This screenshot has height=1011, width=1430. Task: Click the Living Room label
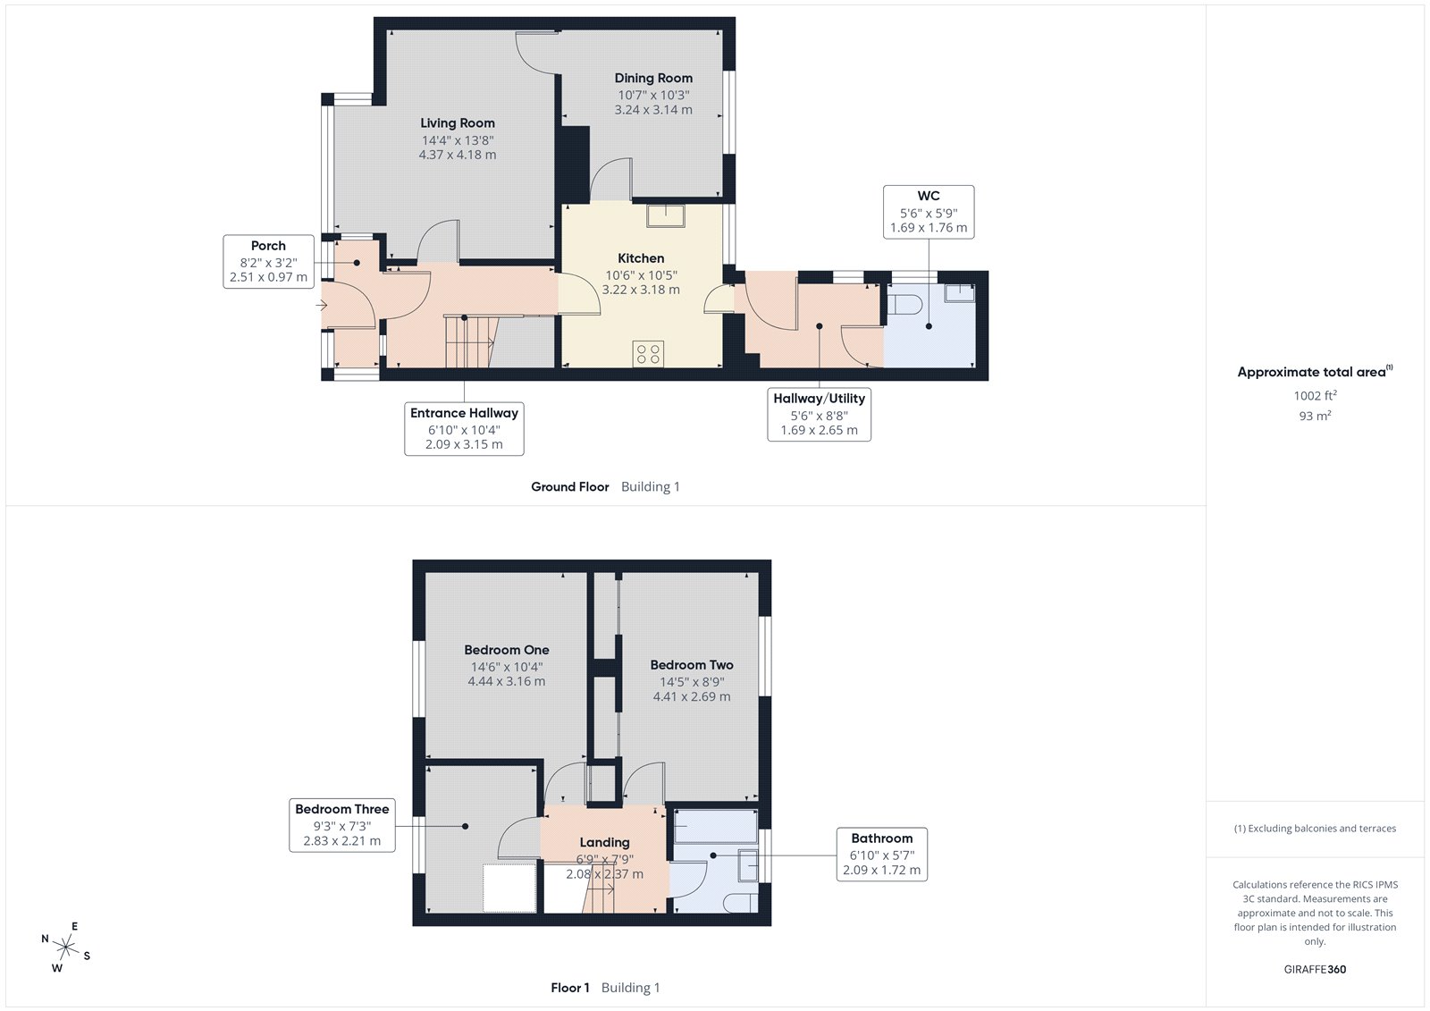point(458,123)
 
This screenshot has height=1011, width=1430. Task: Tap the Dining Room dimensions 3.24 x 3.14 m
point(653,110)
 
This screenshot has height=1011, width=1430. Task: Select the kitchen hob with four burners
point(649,354)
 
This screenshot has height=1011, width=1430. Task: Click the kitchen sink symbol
point(666,215)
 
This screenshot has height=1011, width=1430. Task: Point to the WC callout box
point(929,212)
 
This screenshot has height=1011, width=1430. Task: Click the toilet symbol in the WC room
point(904,305)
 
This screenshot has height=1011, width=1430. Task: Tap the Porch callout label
point(268,246)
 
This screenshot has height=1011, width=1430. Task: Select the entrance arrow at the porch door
point(322,306)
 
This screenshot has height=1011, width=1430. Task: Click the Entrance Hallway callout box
point(464,428)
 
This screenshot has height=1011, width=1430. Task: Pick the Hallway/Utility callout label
point(819,399)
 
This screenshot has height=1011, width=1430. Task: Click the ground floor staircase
point(469,341)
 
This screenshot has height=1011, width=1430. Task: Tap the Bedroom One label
point(507,650)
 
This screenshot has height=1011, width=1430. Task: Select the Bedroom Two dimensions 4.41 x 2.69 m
point(692,696)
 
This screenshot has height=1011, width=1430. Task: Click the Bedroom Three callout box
point(342,824)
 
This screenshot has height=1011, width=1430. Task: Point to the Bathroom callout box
point(881,854)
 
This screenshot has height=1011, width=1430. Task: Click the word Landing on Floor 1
point(604,842)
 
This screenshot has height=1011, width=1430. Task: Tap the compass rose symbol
point(65,947)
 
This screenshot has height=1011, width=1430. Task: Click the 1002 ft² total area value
point(1315,395)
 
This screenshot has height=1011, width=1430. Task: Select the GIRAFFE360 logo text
point(1315,969)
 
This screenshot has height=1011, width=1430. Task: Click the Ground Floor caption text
point(569,487)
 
